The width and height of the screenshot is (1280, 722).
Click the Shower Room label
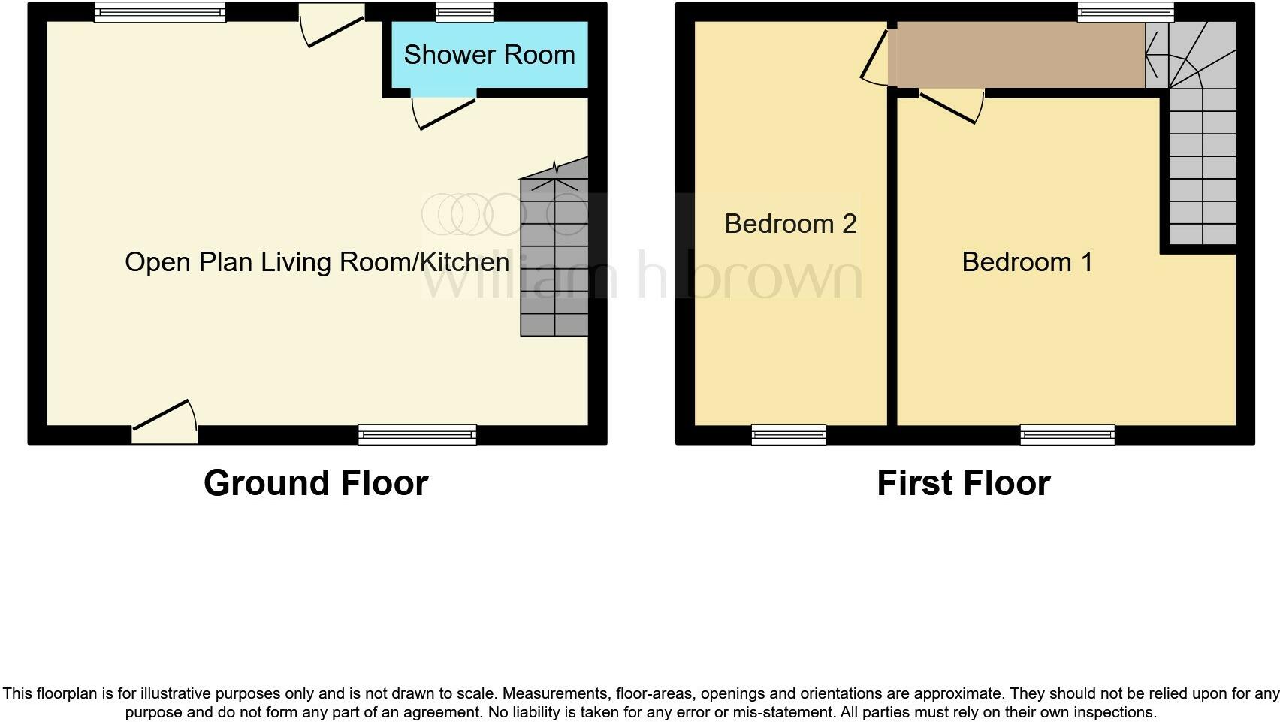(x=489, y=55)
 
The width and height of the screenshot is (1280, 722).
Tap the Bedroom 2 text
(x=790, y=224)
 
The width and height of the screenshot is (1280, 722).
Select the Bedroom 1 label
(x=1027, y=262)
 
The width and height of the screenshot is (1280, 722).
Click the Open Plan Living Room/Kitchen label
(x=317, y=262)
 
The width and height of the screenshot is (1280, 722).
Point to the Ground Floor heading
(x=315, y=483)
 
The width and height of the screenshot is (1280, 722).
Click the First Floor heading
(x=963, y=483)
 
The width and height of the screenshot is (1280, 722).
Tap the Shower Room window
(x=465, y=11)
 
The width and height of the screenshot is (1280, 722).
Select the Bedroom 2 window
(x=789, y=434)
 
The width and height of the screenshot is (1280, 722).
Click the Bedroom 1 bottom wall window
(x=1067, y=434)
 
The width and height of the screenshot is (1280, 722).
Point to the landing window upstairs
(x=1125, y=11)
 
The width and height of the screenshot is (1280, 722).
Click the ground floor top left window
(x=160, y=11)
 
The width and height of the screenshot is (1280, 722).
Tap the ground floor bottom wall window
(x=417, y=434)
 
